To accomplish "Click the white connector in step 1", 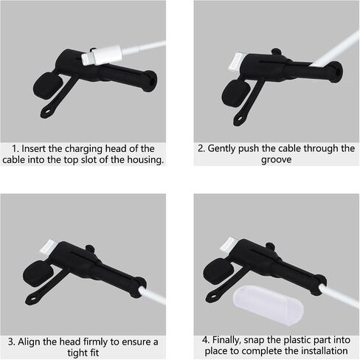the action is pos(102,55).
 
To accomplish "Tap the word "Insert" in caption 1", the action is pos(33,149).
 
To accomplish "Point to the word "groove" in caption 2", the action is pos(276,160).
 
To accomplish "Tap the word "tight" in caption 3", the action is pos(76,353).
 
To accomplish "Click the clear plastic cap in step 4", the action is pos(268,305).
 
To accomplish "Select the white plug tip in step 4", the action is pos(227,244).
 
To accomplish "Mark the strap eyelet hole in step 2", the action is pos(240,120).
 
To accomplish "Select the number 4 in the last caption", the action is pos(205,340).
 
